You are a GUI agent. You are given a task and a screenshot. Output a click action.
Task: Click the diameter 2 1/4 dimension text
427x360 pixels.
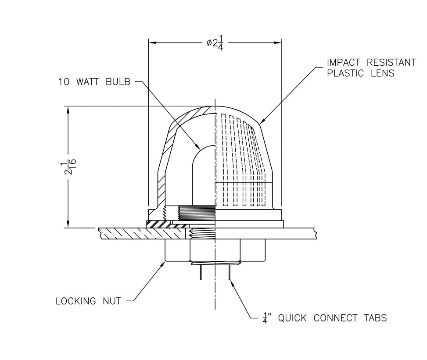point(215,43)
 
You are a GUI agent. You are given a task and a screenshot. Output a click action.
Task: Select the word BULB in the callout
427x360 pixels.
point(117,82)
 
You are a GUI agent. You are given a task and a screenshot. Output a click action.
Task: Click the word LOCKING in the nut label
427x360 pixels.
point(76,301)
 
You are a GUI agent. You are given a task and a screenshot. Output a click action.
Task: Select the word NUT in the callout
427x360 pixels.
point(111,301)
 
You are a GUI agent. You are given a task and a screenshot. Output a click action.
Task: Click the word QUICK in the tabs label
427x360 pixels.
point(291,318)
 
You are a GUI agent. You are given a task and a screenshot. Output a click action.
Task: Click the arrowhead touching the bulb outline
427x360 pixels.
point(198,146)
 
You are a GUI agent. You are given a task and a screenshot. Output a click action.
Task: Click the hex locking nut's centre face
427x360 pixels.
point(215,250)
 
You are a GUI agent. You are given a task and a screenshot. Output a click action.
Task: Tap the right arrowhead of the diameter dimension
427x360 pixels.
point(278,43)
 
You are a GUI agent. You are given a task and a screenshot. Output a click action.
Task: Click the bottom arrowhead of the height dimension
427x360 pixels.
point(68,224)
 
